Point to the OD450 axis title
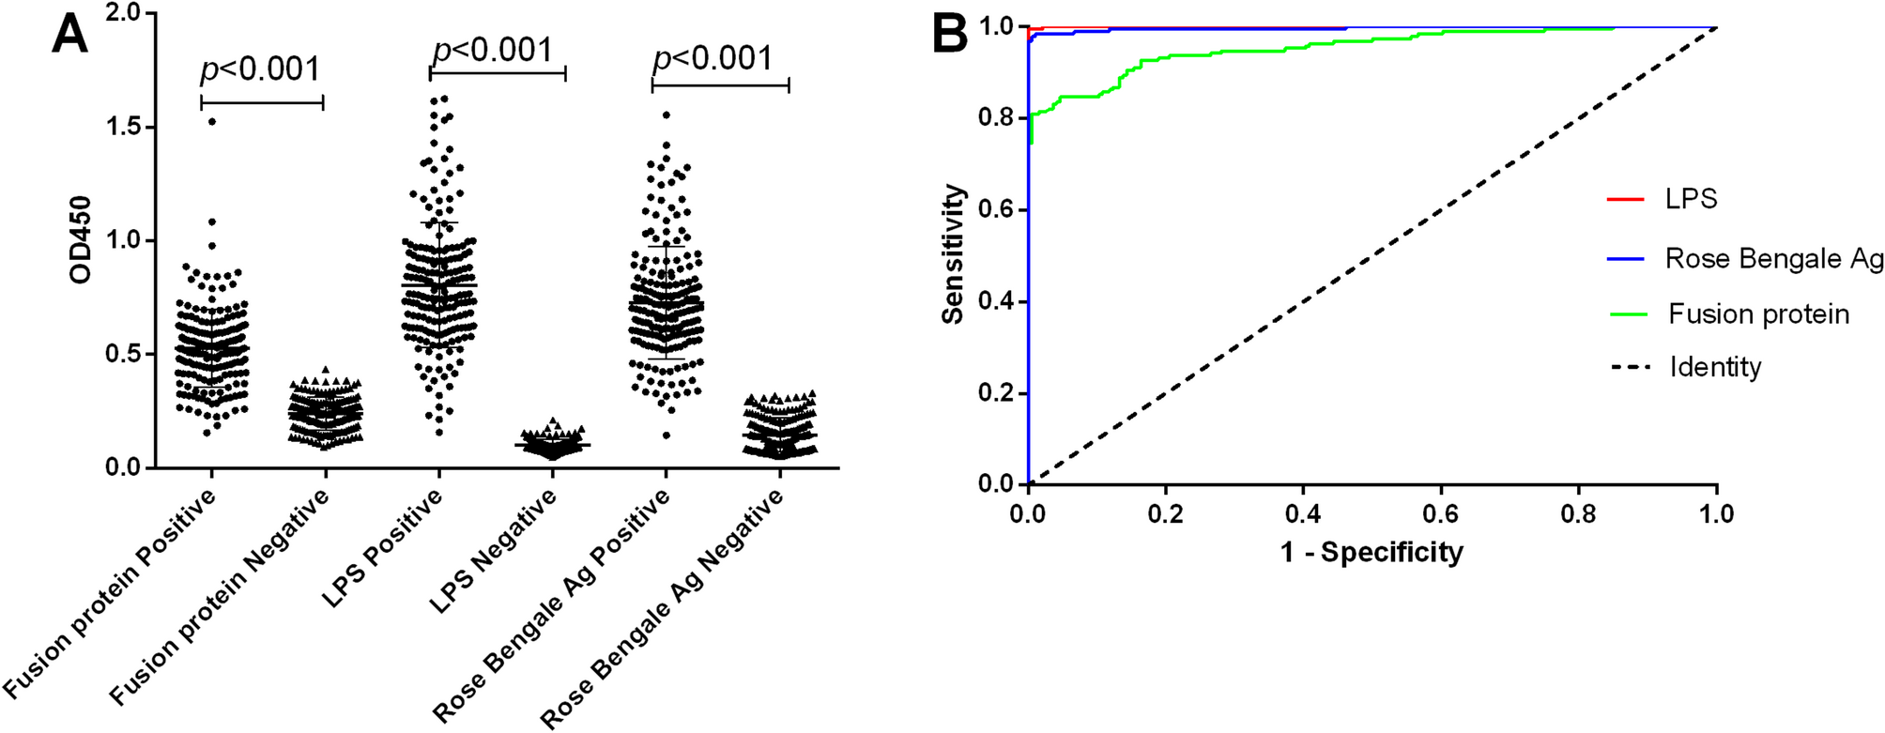(x=82, y=239)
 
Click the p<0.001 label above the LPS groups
(x=493, y=49)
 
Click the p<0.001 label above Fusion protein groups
(x=260, y=69)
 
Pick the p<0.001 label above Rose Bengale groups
(x=713, y=58)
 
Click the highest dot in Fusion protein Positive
(x=212, y=121)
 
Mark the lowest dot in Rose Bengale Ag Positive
(x=666, y=435)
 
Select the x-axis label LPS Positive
(x=384, y=549)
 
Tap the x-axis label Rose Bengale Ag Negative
(x=663, y=609)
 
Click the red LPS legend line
(x=1626, y=200)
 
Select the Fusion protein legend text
(x=1758, y=313)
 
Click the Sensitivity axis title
(x=954, y=254)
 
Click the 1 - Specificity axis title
(x=1372, y=552)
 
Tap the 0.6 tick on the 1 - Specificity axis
(x=1441, y=514)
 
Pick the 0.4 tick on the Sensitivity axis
(x=996, y=302)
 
